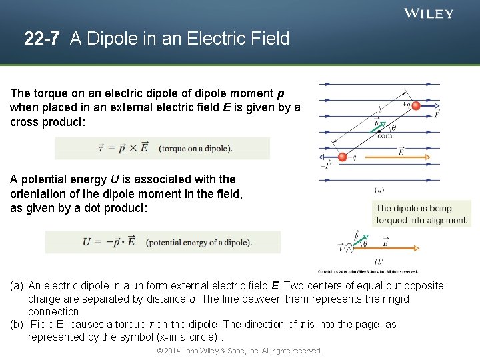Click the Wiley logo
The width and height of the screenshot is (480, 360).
click(x=429, y=13)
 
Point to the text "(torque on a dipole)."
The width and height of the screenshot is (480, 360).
click(x=195, y=148)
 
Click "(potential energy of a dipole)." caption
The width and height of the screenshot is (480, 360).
click(x=199, y=242)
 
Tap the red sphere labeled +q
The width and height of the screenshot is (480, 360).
click(x=416, y=105)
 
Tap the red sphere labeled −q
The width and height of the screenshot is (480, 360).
click(x=343, y=157)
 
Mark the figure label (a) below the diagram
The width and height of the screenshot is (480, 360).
click(x=379, y=190)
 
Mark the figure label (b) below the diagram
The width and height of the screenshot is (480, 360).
click(x=379, y=262)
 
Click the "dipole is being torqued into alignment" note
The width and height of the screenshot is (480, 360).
click(x=422, y=214)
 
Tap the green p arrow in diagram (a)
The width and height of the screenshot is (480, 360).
click(x=380, y=126)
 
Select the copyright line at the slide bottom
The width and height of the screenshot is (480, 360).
click(x=239, y=351)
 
